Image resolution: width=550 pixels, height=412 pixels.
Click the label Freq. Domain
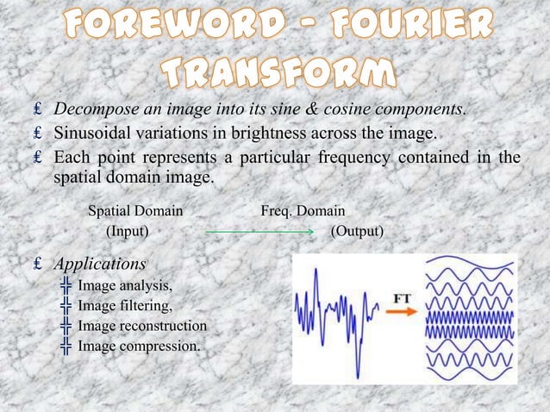(303, 210)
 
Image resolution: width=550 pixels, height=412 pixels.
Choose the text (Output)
(358, 232)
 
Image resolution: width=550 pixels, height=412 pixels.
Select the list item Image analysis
(125, 286)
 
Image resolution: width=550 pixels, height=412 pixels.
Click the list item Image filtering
(125, 306)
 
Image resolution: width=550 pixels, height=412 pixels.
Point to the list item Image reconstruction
(142, 327)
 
